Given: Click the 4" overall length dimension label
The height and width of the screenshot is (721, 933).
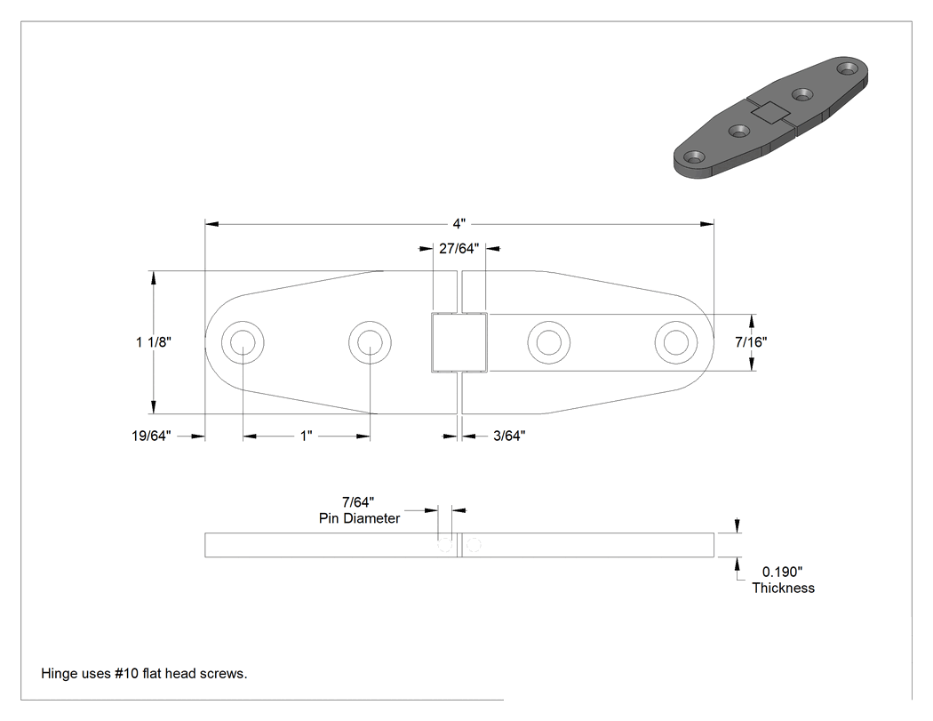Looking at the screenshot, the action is (x=459, y=224).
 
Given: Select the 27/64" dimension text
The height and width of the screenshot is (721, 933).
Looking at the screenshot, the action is (x=459, y=249).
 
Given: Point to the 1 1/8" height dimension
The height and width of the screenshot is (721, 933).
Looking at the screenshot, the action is (x=154, y=341).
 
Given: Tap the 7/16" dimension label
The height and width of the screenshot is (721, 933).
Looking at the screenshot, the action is (x=751, y=341).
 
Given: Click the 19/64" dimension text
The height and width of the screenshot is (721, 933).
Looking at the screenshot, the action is (x=151, y=436).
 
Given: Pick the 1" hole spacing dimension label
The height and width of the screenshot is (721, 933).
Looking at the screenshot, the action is (x=306, y=436).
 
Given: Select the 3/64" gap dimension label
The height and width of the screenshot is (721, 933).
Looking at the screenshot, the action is (x=509, y=436).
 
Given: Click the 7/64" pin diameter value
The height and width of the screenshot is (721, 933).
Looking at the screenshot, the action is (x=358, y=502).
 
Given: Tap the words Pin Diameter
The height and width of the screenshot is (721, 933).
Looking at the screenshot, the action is (x=359, y=518).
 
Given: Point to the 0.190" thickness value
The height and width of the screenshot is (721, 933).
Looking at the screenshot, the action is (x=783, y=573).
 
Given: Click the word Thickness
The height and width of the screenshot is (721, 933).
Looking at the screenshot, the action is (x=783, y=589).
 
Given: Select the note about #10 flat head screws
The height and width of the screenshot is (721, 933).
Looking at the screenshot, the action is (x=144, y=673).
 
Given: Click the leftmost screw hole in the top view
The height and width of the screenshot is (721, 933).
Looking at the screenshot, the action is (x=243, y=342).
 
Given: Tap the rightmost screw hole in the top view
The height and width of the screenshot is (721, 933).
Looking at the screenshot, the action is (x=676, y=342).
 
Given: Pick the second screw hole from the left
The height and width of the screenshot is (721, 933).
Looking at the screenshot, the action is (x=370, y=342).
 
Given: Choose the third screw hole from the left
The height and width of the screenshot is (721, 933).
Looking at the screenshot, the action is (x=548, y=342).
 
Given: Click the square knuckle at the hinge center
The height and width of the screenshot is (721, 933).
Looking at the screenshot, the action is (x=459, y=342).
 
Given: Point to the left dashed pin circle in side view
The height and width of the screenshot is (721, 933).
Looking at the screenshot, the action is (x=444, y=545).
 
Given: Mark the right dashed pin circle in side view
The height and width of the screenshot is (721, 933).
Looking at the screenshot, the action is (x=474, y=545).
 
